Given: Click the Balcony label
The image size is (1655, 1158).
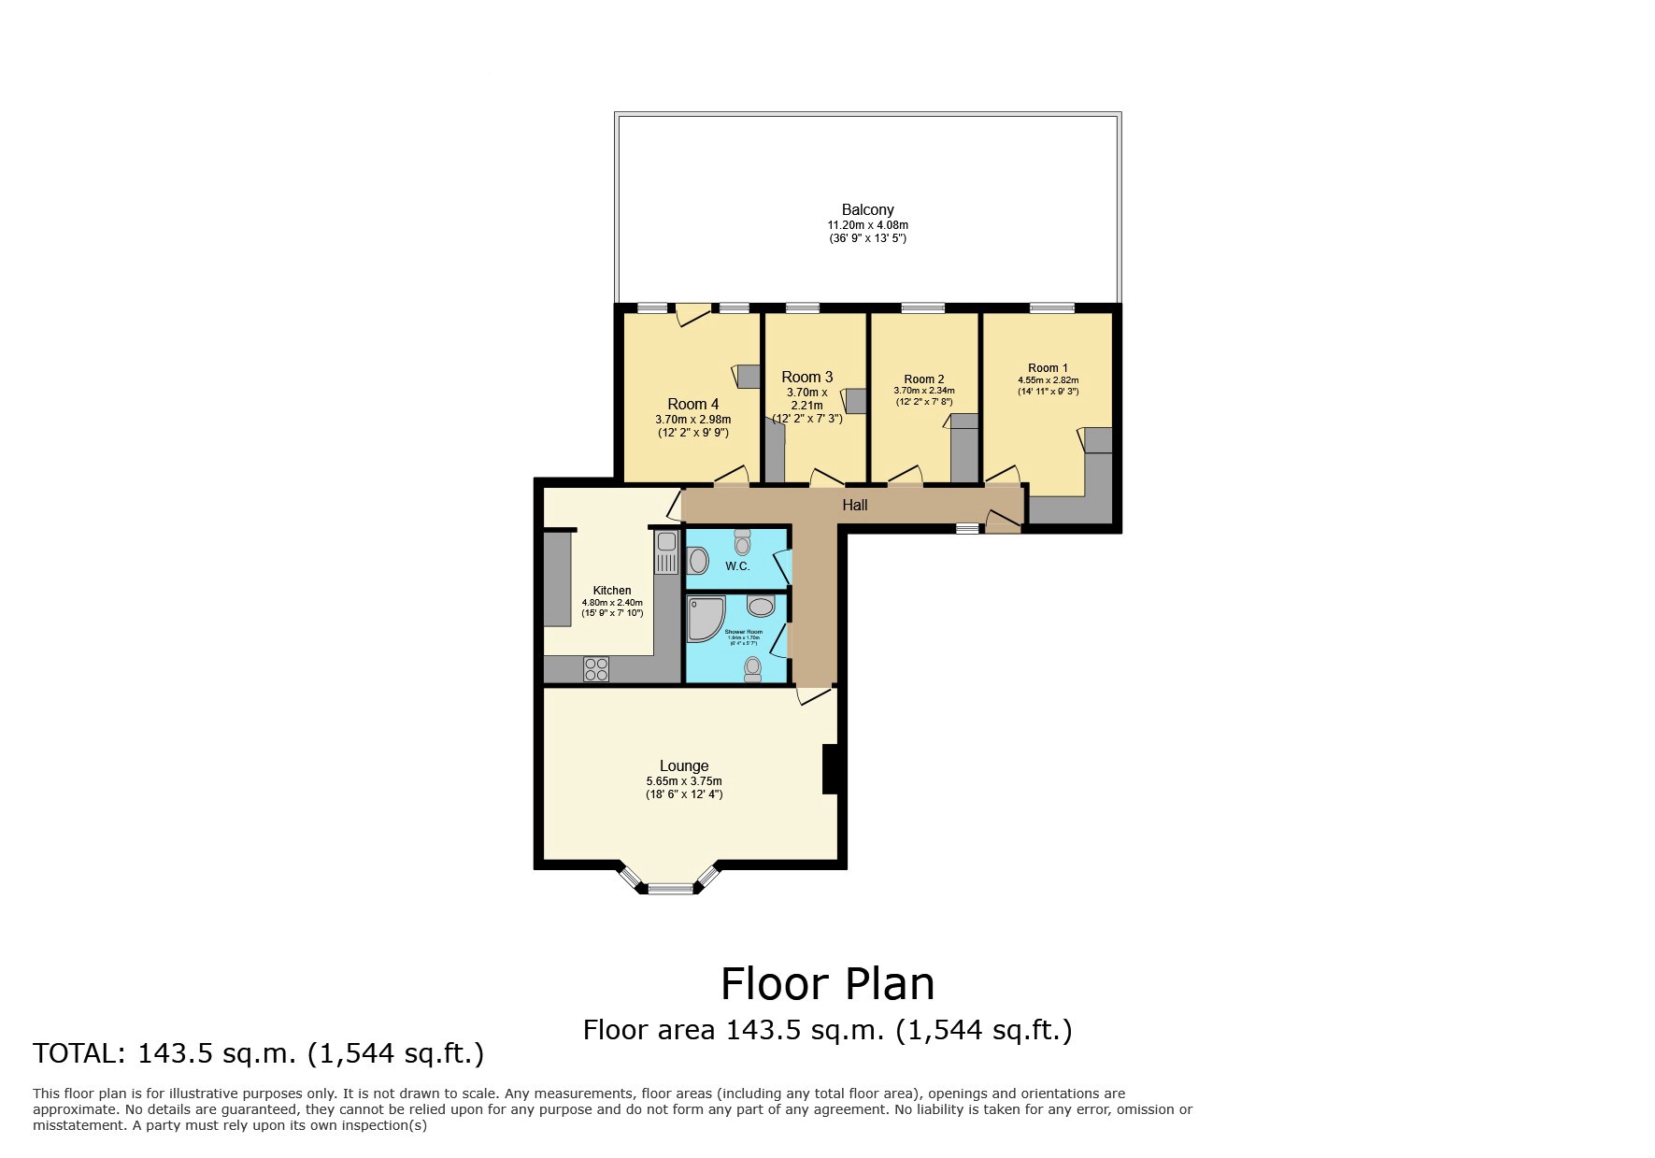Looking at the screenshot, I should click(867, 210).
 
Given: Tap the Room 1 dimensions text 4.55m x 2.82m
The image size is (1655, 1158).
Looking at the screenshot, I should click(1048, 380).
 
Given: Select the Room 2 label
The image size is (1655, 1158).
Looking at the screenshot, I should click(923, 379).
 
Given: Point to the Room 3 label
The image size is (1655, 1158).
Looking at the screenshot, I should click(807, 377).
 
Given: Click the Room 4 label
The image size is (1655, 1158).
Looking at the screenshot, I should click(692, 404).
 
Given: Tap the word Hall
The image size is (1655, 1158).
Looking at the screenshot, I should click(854, 505).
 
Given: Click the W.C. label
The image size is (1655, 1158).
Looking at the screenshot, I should click(737, 566).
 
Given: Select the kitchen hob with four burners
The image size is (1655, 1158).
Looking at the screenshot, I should click(596, 669).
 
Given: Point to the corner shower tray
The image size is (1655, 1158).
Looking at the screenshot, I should click(704, 619).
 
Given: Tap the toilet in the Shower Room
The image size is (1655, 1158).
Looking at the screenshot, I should click(752, 668).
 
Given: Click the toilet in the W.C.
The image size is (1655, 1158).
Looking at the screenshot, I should click(742, 541).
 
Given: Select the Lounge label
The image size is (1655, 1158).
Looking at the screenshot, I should click(683, 765).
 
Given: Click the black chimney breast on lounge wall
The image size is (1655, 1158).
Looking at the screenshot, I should click(829, 769).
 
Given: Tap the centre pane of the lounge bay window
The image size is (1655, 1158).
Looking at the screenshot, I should click(671, 889).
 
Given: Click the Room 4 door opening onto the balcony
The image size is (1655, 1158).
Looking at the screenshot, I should click(692, 314).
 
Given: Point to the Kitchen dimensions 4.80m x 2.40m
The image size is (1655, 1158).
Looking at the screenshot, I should click(612, 603).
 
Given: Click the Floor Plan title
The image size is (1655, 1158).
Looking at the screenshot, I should click(827, 983).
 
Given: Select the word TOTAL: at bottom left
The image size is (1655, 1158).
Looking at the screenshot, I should click(79, 1053).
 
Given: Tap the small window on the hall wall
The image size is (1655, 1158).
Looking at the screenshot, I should click(967, 528).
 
